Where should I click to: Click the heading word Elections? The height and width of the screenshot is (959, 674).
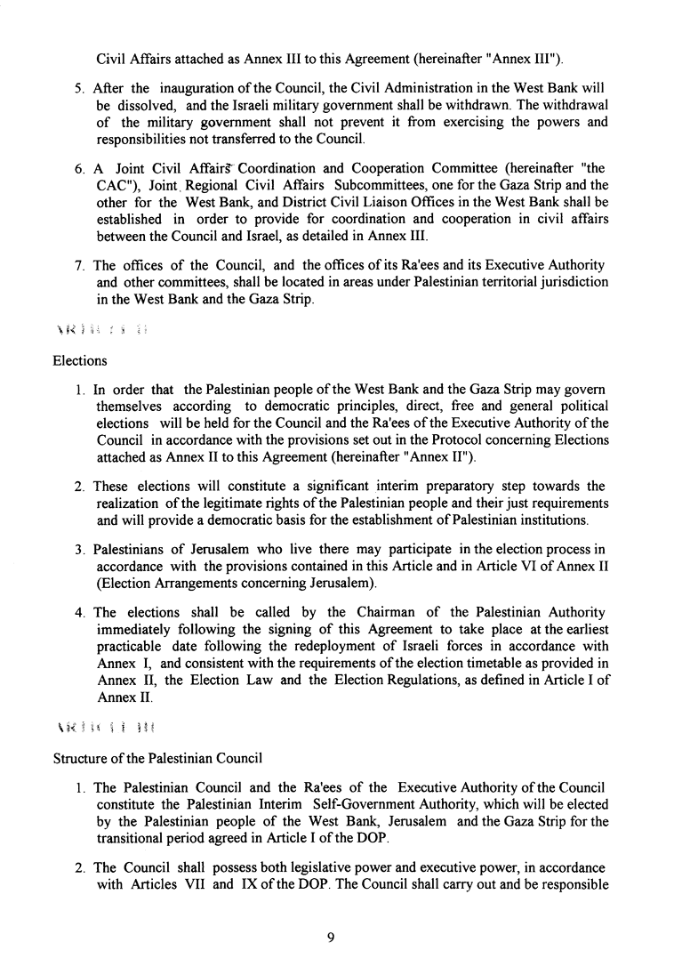pyautogui.click(x=81, y=361)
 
